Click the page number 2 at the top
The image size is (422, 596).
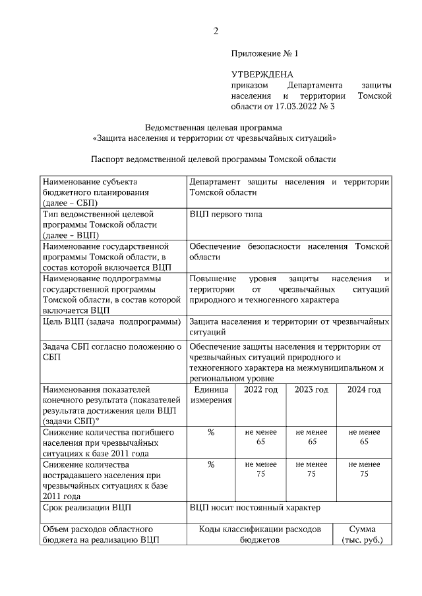tap(215, 31)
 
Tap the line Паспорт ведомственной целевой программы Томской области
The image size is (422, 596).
tap(213, 159)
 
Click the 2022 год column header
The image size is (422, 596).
tap(260, 390)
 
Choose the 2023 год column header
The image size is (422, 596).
tap(312, 390)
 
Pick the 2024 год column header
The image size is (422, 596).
tap(364, 390)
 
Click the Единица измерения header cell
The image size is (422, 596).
tap(211, 395)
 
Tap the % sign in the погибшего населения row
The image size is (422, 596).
tap(211, 433)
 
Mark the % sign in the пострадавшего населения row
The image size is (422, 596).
tap(211, 465)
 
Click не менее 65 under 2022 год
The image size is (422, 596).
tap(260, 437)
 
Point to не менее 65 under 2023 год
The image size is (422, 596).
tap(312, 437)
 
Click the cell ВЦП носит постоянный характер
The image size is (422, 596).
tap(254, 508)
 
